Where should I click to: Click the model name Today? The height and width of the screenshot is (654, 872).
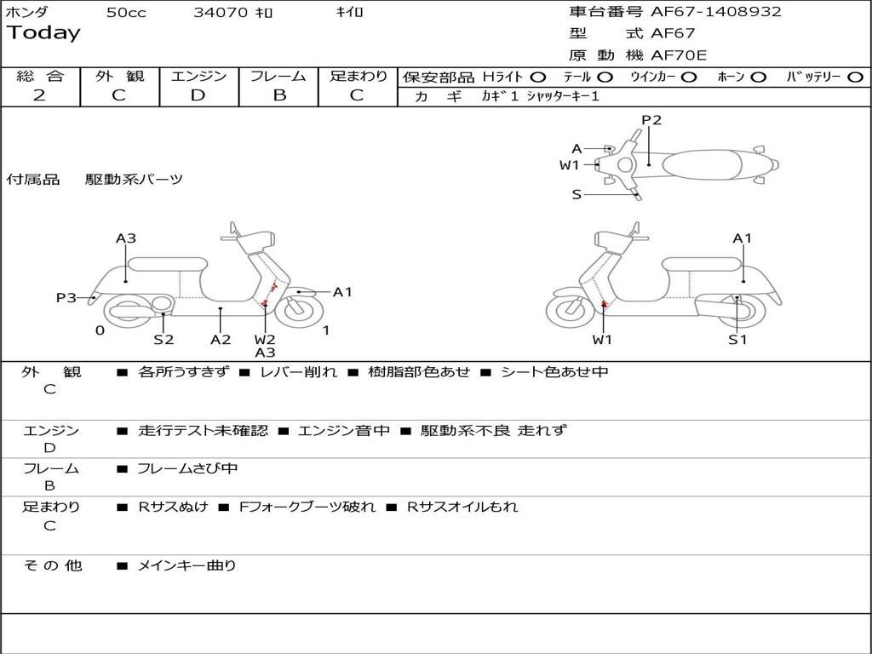click(x=43, y=33)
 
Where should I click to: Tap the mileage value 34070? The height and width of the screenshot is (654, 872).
click(x=221, y=13)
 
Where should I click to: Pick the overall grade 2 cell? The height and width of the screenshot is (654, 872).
click(x=39, y=95)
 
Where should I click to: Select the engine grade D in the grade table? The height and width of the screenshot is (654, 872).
click(x=198, y=95)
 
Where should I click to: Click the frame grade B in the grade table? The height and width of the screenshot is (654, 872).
click(x=278, y=95)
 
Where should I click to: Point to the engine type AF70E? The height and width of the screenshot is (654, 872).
click(x=679, y=55)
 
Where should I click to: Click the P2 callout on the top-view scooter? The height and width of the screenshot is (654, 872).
click(x=651, y=120)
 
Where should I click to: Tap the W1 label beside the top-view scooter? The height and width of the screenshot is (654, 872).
click(x=569, y=165)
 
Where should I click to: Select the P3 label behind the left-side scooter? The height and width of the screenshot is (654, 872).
click(x=66, y=298)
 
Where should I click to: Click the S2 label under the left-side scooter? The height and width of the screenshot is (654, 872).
click(x=163, y=340)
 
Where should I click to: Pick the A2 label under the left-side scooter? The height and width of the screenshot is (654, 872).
click(x=221, y=340)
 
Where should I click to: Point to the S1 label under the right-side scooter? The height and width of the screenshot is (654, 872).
click(x=737, y=340)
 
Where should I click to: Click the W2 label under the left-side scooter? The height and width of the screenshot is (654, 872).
click(x=265, y=340)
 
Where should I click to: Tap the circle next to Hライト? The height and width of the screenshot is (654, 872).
click(x=538, y=77)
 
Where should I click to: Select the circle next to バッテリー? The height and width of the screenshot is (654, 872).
click(x=855, y=77)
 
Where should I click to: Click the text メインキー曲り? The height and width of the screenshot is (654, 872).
click(x=187, y=565)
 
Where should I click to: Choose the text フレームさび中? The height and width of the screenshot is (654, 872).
click(x=187, y=468)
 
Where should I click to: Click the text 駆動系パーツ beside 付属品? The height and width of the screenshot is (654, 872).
click(x=134, y=180)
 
